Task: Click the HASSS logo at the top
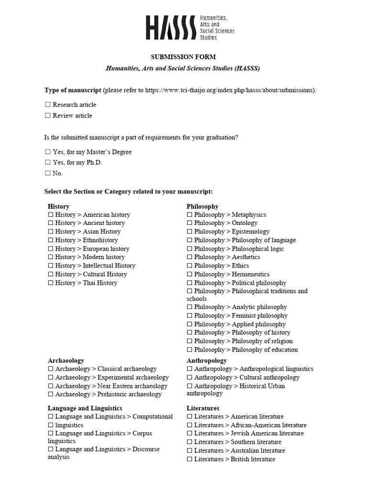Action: coord(189,27)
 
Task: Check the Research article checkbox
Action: coord(48,105)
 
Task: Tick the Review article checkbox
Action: coord(48,116)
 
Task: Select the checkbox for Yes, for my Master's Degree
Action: coord(48,152)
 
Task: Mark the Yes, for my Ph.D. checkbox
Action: coord(48,162)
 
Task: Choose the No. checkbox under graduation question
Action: coord(48,173)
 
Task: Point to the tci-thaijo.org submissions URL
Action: coord(229,90)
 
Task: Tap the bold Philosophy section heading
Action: coord(202,206)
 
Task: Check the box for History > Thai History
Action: coord(51,283)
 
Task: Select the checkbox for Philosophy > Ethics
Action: coord(190,266)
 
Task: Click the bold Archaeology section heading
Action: coord(65,361)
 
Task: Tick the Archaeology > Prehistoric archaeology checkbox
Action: coord(51,394)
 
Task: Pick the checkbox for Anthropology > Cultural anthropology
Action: coord(190,377)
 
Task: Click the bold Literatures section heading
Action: coord(203,408)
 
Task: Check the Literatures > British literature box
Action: coord(190,459)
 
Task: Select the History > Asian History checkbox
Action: coord(51,232)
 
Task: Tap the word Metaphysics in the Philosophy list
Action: coord(248,215)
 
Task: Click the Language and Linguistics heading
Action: coord(85,408)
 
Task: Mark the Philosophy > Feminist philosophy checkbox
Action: coord(190,316)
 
